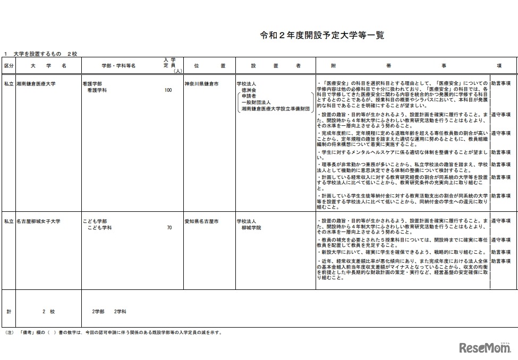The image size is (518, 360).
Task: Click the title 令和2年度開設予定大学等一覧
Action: click(322, 36)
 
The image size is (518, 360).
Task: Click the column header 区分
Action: click(9, 66)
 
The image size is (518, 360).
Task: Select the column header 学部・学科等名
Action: click(118, 66)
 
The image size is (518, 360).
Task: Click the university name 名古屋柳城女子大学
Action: click(38, 221)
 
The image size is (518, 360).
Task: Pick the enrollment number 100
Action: click(168, 91)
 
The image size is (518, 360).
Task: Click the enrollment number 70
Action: click(169, 228)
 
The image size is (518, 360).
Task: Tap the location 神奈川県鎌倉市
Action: click(201, 84)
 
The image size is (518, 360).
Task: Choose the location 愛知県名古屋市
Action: click(201, 221)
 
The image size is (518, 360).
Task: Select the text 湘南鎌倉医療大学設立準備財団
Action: click(275, 109)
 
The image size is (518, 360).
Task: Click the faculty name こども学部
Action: click(95, 221)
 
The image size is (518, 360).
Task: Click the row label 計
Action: click(9, 311)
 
